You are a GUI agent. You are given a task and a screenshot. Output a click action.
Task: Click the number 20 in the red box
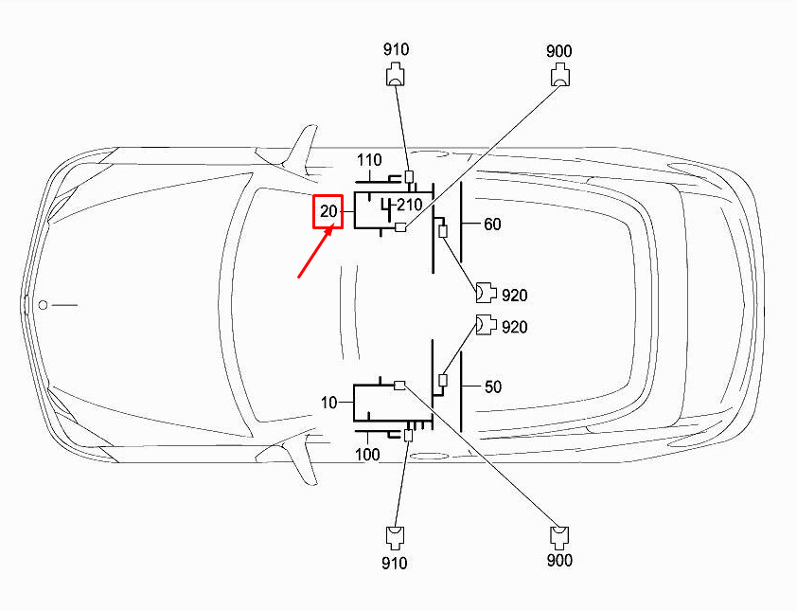[x=328, y=211]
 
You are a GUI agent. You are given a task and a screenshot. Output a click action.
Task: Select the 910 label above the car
[x=396, y=49]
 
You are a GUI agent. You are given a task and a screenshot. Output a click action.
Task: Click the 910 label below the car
[x=395, y=564]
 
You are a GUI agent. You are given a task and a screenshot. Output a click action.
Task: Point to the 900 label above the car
[x=559, y=51]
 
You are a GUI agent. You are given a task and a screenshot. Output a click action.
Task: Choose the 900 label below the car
[x=559, y=560]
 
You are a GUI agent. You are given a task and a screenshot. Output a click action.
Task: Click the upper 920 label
[x=514, y=295]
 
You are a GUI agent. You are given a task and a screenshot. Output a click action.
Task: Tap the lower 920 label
[x=514, y=327]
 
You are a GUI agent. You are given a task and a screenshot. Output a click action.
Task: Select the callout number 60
[x=492, y=224]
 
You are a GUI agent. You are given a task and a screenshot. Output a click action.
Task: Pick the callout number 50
[x=492, y=386]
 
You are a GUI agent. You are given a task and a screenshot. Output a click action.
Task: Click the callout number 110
[x=369, y=160]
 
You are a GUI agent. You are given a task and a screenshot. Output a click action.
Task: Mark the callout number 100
[x=367, y=455]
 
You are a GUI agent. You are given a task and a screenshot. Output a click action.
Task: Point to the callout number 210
[x=410, y=205]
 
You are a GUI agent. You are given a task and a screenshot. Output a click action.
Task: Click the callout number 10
[x=328, y=403]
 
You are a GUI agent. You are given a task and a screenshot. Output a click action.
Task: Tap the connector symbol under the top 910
[x=396, y=74]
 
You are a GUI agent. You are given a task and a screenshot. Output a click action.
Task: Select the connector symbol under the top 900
[x=560, y=75]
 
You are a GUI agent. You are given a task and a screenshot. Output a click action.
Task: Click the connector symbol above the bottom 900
[x=559, y=538]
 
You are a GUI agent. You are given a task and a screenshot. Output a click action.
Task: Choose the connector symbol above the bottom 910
[x=396, y=538]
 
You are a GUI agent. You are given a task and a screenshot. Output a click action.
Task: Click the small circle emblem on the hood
[x=44, y=305]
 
